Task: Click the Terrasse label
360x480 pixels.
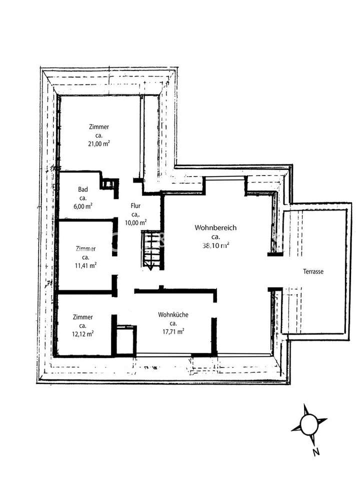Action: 313,271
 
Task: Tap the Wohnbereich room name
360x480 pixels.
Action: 215,228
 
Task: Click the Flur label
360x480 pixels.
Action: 135,205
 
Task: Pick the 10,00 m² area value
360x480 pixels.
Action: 135,222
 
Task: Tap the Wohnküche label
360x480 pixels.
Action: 173,314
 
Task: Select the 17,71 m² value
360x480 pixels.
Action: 173,330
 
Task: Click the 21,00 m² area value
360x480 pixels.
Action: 98,143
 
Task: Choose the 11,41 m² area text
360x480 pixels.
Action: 85,265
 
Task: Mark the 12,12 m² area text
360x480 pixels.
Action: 82,333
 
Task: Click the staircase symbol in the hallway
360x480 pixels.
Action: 151,250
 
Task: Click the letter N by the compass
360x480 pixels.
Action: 315,453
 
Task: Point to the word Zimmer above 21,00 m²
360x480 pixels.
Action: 98,127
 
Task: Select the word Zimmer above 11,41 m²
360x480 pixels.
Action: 85,248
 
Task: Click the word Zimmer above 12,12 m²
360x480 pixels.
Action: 82,317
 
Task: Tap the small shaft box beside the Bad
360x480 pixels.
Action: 108,183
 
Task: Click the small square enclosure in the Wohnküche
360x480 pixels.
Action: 124,340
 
